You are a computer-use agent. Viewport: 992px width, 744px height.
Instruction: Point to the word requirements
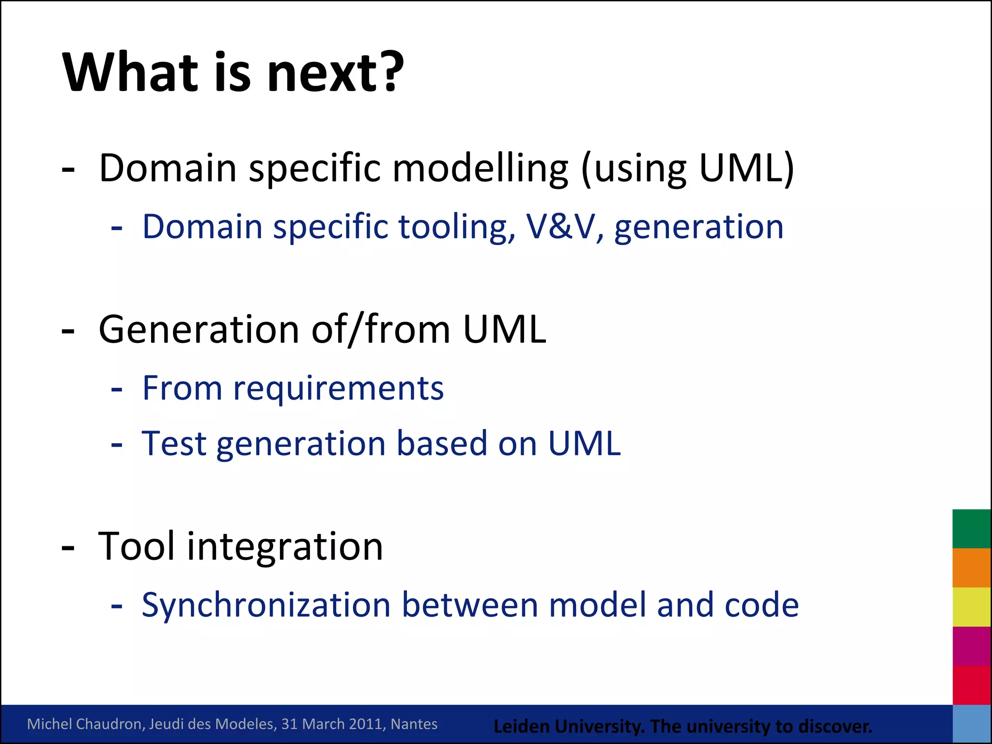338,389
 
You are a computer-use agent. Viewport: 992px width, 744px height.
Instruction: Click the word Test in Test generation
174,443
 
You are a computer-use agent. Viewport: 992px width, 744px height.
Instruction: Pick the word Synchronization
266,605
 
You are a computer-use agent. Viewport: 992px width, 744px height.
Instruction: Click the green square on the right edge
971,528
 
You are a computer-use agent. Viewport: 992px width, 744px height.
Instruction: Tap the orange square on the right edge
971,568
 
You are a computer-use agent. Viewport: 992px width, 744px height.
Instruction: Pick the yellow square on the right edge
971,606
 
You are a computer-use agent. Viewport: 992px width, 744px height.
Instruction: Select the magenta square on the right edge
971,646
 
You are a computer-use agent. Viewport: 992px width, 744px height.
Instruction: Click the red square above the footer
971,685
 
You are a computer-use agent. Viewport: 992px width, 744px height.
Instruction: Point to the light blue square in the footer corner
971,724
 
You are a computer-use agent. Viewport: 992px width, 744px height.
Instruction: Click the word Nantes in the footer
414,724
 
